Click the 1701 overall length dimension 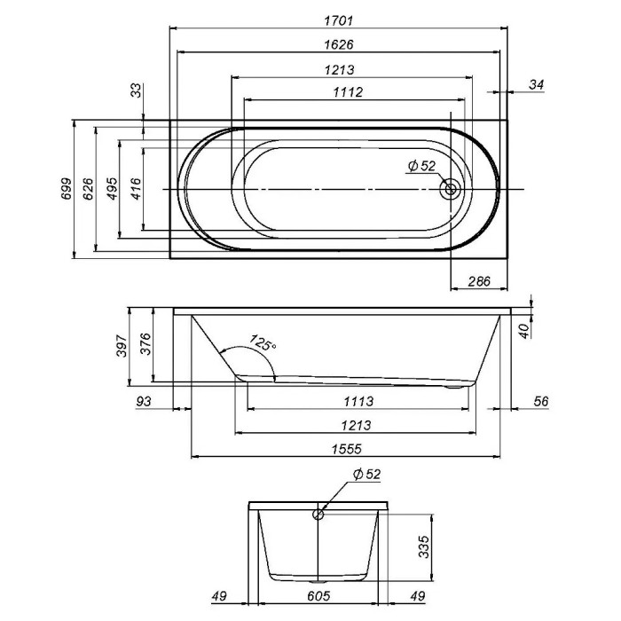click(338, 21)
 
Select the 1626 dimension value click(338, 44)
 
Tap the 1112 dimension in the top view click(348, 92)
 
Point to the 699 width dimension click(67, 189)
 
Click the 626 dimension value click(89, 189)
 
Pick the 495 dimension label click(113, 189)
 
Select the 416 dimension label click(136, 189)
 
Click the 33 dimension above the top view click(136, 90)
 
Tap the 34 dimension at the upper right click(536, 84)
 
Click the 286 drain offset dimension click(479, 281)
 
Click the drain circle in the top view click(451, 189)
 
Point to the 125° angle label click(263, 343)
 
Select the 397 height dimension click(122, 345)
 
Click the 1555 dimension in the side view click(347, 449)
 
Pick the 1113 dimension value click(358, 401)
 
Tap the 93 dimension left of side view click(144, 401)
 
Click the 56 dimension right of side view click(540, 401)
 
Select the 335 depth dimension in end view click(424, 546)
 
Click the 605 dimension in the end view click(318, 596)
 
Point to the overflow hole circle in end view click(318, 515)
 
